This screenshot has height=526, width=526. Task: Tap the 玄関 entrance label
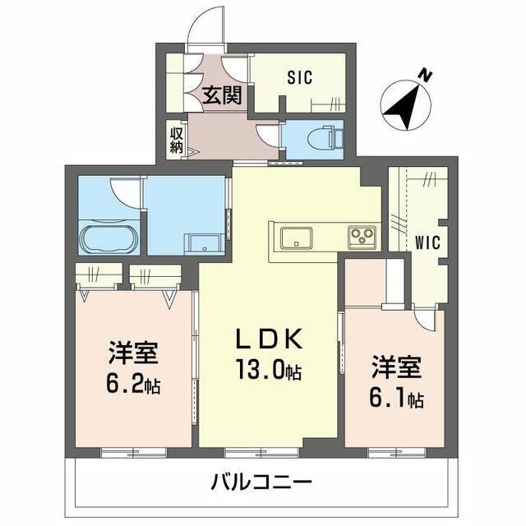pyautogui.click(x=222, y=96)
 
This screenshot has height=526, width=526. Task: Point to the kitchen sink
pyautogui.click(x=296, y=238)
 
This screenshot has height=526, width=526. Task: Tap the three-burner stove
pyautogui.click(x=362, y=238)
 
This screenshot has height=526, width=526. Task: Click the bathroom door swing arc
pyautogui.click(x=126, y=192)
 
